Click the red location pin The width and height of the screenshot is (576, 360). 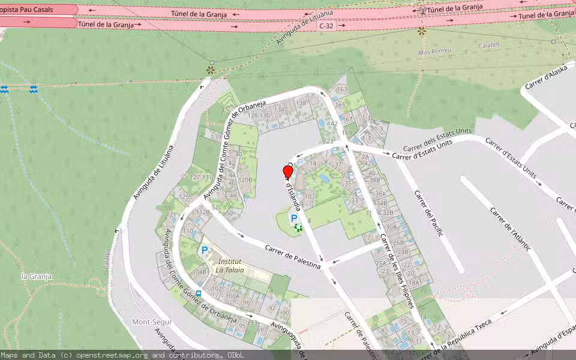[288, 172]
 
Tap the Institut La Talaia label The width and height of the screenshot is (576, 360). [231, 266]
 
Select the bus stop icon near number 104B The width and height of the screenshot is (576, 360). [199, 293]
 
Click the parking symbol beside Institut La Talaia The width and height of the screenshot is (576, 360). [205, 250]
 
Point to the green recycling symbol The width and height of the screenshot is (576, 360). [298, 227]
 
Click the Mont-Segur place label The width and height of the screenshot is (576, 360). [152, 322]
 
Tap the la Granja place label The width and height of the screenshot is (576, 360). [36, 277]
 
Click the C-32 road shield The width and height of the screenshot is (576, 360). [326, 26]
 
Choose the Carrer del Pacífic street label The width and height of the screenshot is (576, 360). [428, 214]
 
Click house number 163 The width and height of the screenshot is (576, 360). [342, 89]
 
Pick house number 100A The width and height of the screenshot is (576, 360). [232, 296]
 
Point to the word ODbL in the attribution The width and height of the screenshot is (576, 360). [236, 355]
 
